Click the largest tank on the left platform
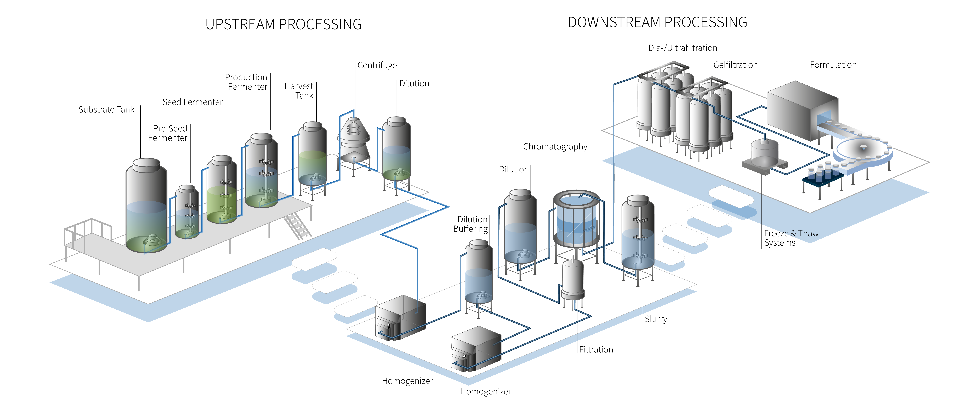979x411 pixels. coord(146,205)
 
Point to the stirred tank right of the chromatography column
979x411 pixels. coord(638,236)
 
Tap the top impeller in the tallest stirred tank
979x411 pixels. coord(265,162)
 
